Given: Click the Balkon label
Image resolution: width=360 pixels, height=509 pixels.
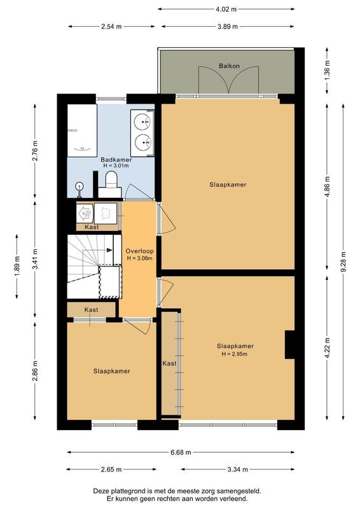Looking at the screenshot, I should pos(229,66).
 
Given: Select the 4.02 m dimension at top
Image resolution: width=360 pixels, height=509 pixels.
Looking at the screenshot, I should pos(226,9).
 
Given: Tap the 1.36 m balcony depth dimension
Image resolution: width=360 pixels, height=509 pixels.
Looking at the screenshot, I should pos(327,68).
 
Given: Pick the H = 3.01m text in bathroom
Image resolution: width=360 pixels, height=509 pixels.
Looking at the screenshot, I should pos(116,166).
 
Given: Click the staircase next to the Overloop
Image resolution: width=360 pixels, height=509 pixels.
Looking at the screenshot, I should pos(93,266).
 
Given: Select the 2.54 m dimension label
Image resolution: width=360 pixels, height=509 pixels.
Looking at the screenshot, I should pos(111,27).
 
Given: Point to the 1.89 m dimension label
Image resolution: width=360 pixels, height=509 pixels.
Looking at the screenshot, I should pos(17,264).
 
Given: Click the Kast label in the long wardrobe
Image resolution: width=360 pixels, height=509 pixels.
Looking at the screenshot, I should pos(169,363).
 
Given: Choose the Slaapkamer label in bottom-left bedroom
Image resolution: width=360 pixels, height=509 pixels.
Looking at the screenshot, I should pos(111,371).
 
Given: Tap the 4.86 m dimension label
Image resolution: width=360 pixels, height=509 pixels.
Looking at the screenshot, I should pos(327,186).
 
